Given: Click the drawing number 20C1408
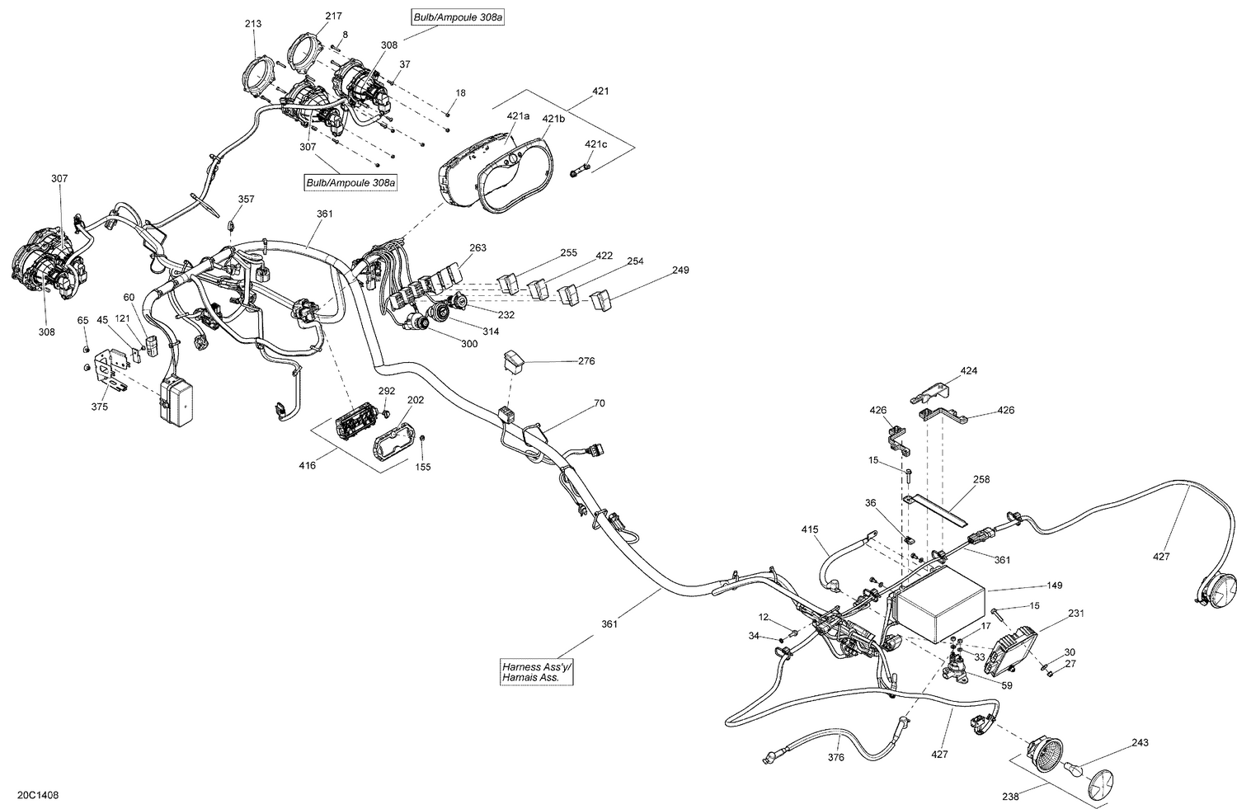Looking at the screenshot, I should click(x=37, y=796).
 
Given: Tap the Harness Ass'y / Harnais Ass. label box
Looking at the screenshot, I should click(x=535, y=671).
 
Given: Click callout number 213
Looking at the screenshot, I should click(x=253, y=24).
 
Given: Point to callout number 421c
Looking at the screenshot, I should click(x=595, y=144).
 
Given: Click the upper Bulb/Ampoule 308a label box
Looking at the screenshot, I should click(x=457, y=16).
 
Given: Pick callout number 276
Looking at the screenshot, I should click(x=586, y=361).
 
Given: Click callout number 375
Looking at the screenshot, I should click(x=100, y=406).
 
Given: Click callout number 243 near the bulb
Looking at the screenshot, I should click(x=1140, y=743).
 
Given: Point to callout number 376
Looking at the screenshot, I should click(x=836, y=757).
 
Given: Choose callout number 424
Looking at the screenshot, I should click(x=969, y=371).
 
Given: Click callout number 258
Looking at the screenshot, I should click(x=981, y=479).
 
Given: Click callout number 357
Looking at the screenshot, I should click(x=247, y=200).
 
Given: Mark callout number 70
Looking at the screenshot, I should click(x=599, y=404).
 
